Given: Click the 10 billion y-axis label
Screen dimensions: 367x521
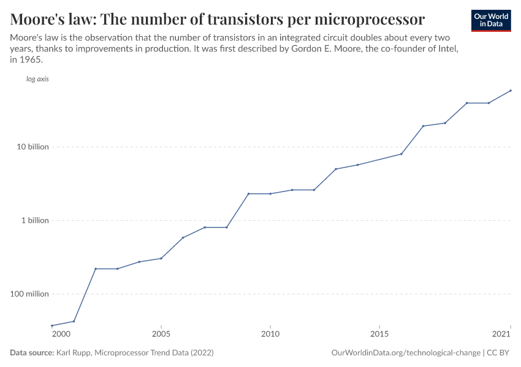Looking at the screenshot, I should (x=33, y=147).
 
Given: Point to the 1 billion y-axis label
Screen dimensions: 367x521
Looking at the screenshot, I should (x=35, y=220).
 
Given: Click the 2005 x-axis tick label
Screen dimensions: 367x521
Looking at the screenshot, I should (x=161, y=334).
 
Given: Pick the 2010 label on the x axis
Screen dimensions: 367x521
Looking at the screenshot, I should (x=270, y=334).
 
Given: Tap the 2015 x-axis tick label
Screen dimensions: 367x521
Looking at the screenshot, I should (x=379, y=334).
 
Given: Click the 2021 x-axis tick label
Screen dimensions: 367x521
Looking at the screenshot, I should (x=501, y=334).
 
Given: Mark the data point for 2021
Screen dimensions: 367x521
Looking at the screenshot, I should (x=511, y=91).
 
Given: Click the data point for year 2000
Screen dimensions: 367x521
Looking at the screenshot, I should (x=52, y=325).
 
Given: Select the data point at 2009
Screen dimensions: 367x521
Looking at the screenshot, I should (x=248, y=193).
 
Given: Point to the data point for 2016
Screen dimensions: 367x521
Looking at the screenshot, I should (x=401, y=154).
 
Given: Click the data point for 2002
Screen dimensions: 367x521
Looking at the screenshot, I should (x=96, y=269).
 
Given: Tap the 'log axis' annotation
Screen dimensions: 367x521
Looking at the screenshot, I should (x=37, y=79).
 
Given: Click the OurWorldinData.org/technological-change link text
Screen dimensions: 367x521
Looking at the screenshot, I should (x=405, y=353).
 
